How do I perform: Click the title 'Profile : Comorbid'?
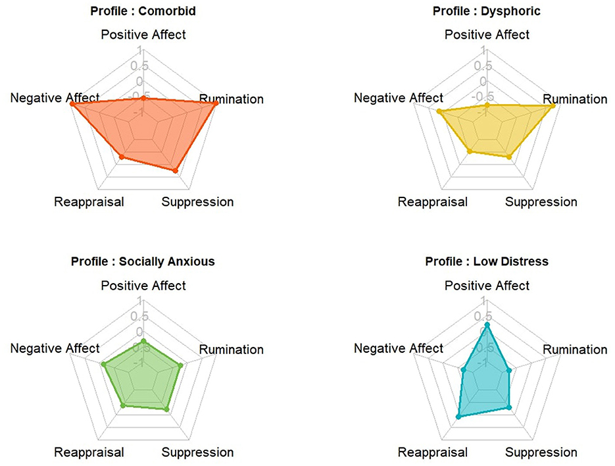pyautogui.click(x=143, y=11)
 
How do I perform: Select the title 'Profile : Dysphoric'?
pyautogui.click(x=486, y=11)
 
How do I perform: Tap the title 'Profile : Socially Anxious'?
pyautogui.click(x=143, y=261)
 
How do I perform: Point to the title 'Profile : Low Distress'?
pyautogui.click(x=486, y=261)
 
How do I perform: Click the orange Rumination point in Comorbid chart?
pyautogui.click(x=215, y=104)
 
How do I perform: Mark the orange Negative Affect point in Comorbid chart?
pyautogui.click(x=72, y=104)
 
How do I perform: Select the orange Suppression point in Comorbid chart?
pyautogui.click(x=175, y=170)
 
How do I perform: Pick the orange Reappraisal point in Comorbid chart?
pyautogui.click(x=122, y=156)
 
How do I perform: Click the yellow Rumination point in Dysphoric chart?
pyautogui.click(x=558, y=105)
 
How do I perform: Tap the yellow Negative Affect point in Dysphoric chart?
pyautogui.click(x=439, y=112)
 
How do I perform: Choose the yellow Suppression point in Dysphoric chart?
pyautogui.click(x=509, y=157)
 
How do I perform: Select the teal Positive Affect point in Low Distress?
pyautogui.click(x=487, y=325)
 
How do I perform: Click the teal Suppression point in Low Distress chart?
pyautogui.click(x=509, y=408)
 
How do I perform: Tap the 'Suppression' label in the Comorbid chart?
pyautogui.click(x=197, y=202)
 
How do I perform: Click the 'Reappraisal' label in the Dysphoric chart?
pyautogui.click(x=432, y=202)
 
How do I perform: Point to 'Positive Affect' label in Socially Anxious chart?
pyautogui.click(x=143, y=286)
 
